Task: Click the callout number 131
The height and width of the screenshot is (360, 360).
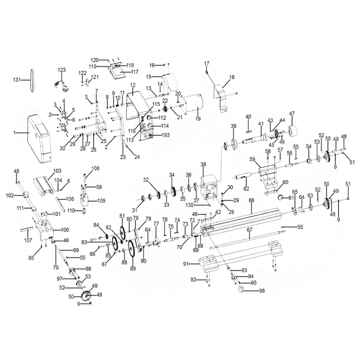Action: tap(16, 80)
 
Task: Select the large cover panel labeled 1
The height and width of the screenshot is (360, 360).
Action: tap(40, 139)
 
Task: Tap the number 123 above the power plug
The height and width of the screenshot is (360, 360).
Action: tap(61, 70)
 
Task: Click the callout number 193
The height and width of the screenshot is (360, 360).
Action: tap(165, 135)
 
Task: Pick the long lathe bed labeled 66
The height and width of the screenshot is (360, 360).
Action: tap(241, 222)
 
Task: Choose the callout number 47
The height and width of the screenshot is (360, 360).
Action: tap(292, 114)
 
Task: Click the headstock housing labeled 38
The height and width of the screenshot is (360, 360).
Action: tap(209, 187)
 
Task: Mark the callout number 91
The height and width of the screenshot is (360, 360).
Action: tap(186, 264)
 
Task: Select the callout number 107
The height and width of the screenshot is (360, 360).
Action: tap(28, 240)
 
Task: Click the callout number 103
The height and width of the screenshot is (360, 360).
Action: tap(57, 171)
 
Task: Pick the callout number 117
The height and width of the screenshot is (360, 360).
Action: tap(135, 72)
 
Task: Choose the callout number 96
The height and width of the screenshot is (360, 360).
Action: tap(262, 291)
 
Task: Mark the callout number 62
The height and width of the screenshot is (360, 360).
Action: tap(246, 189)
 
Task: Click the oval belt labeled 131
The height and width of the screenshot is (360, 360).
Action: tap(32, 81)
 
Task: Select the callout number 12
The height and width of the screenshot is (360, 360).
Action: tap(133, 85)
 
